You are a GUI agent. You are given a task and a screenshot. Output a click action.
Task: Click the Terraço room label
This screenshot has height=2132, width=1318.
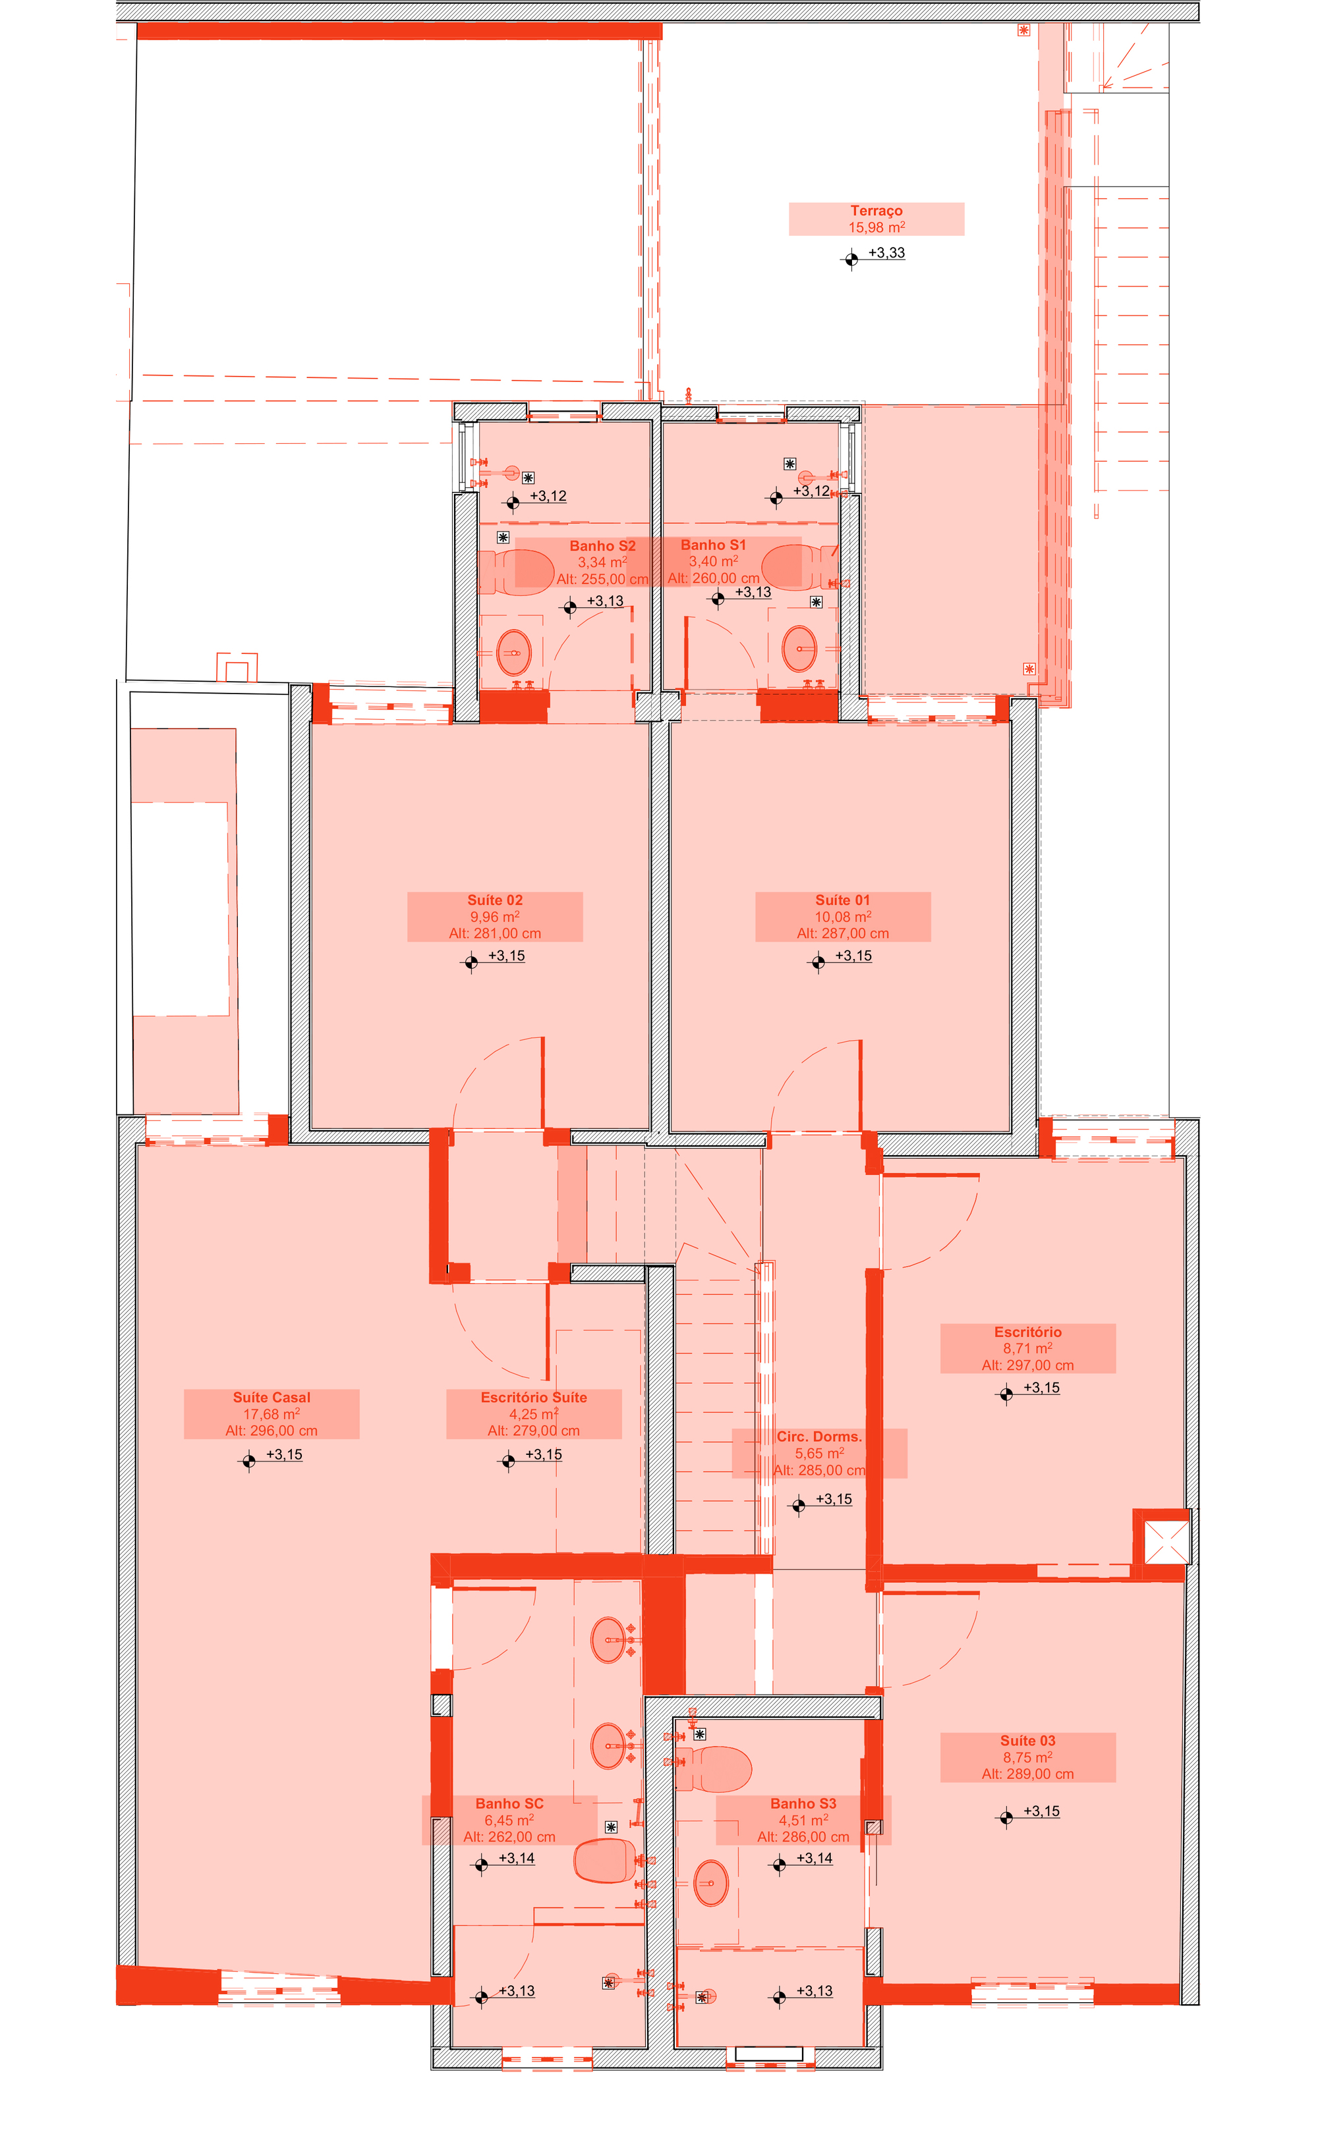point(876,211)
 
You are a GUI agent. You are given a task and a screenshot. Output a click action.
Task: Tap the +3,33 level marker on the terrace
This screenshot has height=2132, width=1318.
point(886,253)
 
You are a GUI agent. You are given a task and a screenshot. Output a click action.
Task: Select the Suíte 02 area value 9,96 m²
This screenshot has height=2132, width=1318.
point(494,917)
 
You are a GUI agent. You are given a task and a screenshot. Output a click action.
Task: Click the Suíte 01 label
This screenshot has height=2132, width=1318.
point(842,900)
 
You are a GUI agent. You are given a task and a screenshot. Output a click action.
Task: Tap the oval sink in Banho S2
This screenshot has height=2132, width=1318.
point(513,651)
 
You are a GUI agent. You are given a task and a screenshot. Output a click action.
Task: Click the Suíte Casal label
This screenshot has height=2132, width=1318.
point(271,1398)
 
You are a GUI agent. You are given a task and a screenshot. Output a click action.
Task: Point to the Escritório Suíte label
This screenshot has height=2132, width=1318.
point(534,1398)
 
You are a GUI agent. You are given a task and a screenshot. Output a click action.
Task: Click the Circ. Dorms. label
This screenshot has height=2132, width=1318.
point(818,1436)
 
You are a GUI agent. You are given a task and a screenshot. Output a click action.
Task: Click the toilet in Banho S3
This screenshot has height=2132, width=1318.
point(715,1768)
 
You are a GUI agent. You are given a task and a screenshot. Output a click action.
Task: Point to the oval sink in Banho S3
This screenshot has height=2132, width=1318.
point(710,1883)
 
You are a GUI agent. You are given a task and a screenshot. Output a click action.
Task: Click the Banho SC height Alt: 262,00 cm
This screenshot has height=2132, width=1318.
point(509,1837)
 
